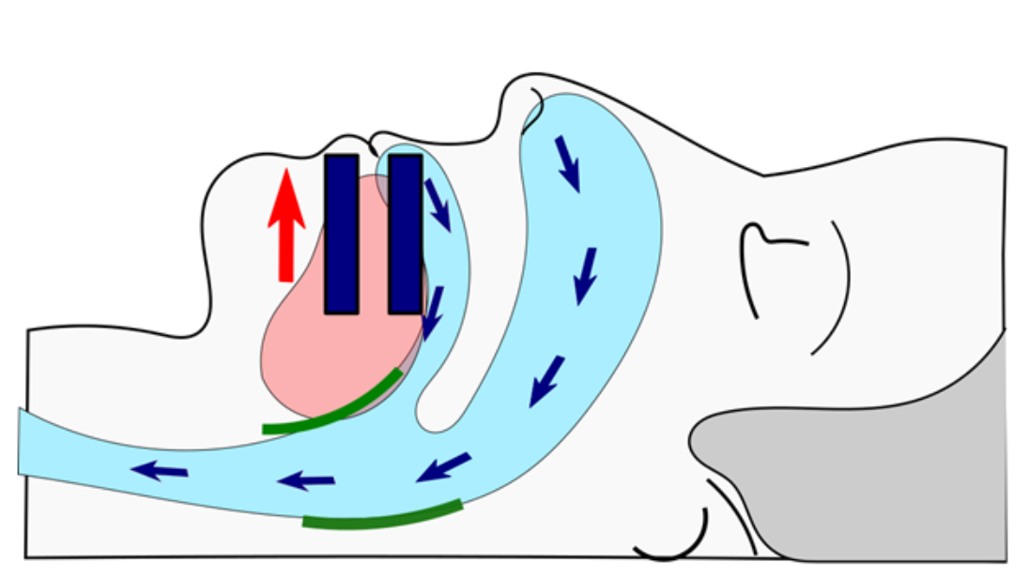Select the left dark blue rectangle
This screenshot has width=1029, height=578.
341,234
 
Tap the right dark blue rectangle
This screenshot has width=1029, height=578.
405,234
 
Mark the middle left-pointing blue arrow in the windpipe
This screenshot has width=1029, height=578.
305,481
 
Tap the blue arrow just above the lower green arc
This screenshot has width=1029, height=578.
442,466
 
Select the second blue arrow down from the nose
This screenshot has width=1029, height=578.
586,275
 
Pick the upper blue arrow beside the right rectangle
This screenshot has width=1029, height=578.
438,205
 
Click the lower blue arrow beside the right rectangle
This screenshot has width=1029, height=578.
433,313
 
